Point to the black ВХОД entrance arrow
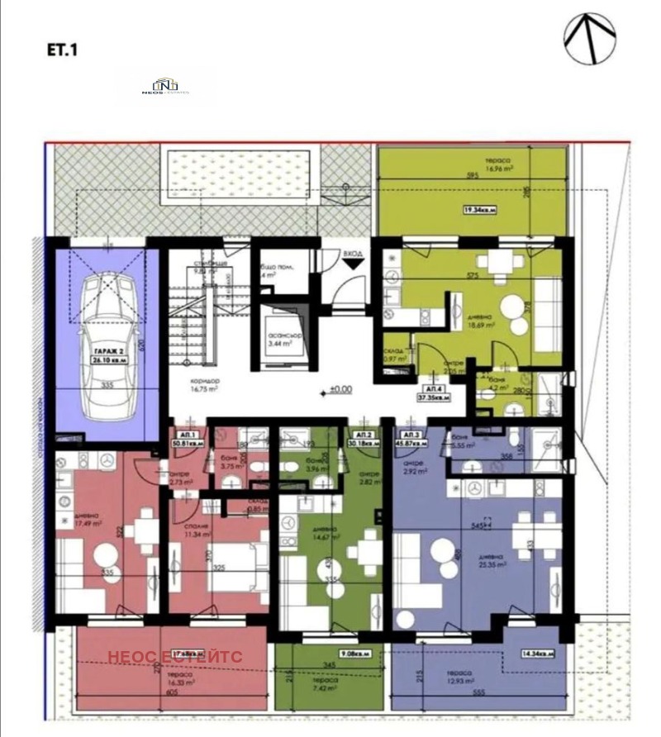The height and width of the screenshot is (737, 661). (x=353, y=264)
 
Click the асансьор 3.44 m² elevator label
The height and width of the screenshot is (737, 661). (x=283, y=337)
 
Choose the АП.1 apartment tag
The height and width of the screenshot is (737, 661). (x=188, y=436)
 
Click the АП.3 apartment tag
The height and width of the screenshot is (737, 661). (x=413, y=436)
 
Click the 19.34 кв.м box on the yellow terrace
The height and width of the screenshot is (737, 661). (x=479, y=210)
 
